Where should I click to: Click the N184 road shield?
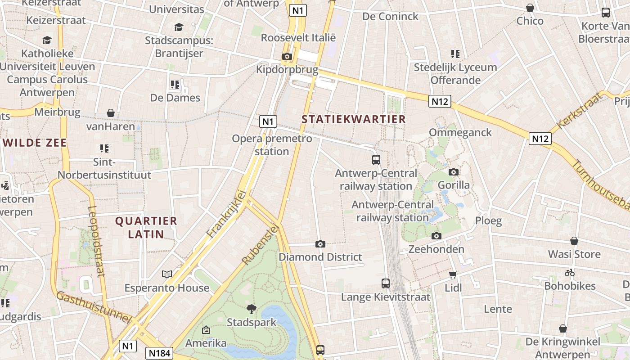pyautogui.click(x=160, y=353)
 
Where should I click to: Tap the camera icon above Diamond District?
pyautogui.click(x=320, y=244)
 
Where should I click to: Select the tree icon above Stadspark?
pyautogui.click(x=252, y=309)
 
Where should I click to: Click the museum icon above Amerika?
pyautogui.click(x=206, y=330)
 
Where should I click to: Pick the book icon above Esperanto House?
pyautogui.click(x=167, y=274)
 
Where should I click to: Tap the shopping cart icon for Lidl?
pyautogui.click(x=453, y=274)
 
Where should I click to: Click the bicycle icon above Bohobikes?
pyautogui.click(x=570, y=273)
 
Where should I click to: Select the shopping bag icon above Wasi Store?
pyautogui.click(x=574, y=241)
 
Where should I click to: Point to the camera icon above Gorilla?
pyautogui.click(x=454, y=172)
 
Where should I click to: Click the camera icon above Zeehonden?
pyautogui.click(x=436, y=236)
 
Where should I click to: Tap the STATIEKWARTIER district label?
pyautogui.click(x=354, y=119)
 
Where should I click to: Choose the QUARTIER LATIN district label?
pyautogui.click(x=146, y=227)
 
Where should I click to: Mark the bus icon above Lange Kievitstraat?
pyautogui.click(x=386, y=283)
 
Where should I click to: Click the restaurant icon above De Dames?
pyautogui.click(x=175, y=85)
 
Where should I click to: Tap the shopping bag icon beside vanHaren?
pyautogui.click(x=111, y=113)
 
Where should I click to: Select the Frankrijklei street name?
pyautogui.click(x=226, y=214)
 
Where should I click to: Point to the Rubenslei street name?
pyautogui.click(x=261, y=245)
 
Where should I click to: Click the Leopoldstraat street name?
pyautogui.click(x=96, y=241)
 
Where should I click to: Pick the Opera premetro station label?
pyautogui.click(x=272, y=145)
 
